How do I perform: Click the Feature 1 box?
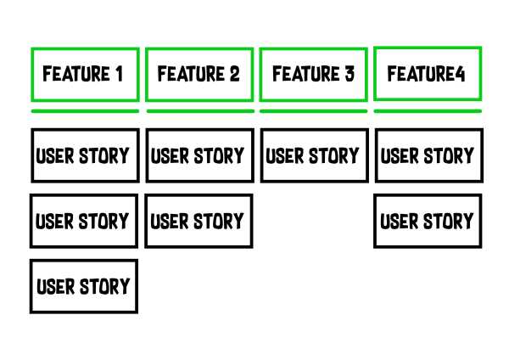(x=84, y=75)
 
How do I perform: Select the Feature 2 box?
(x=199, y=75)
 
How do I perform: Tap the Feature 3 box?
(x=313, y=75)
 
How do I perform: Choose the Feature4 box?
(x=427, y=74)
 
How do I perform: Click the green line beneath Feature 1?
(x=84, y=110)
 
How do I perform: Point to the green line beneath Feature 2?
(x=199, y=110)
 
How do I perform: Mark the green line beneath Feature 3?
(x=313, y=110)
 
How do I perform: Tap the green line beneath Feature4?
(x=427, y=110)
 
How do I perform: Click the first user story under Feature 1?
(x=84, y=155)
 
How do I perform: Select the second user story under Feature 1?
(x=84, y=221)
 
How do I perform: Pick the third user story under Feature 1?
(x=84, y=286)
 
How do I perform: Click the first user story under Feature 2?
(x=199, y=155)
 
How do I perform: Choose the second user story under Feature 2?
(x=199, y=221)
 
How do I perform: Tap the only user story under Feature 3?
(x=313, y=155)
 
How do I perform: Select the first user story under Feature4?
(x=428, y=155)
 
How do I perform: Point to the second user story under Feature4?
(x=428, y=221)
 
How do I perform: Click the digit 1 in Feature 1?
(x=118, y=75)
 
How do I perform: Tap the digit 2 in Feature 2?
(x=234, y=75)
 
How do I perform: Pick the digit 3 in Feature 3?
(x=349, y=75)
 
